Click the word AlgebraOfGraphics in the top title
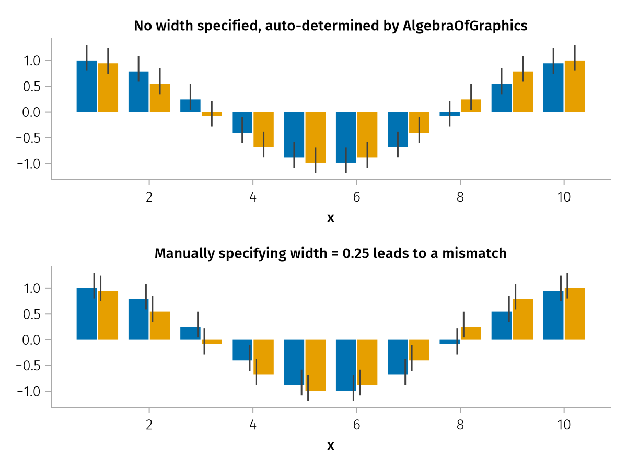pos(465,26)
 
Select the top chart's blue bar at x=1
pos(87,86)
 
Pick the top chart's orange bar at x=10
pos(574,86)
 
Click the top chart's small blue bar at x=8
pos(450,114)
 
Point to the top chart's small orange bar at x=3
pos(212,114)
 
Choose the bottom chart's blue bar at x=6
pos(346,365)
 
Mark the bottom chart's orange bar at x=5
pos(316,365)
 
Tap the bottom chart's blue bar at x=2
pos(138,319)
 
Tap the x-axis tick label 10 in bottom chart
pos(564,426)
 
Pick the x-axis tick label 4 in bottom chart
pos(253,426)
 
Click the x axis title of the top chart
pos(331,218)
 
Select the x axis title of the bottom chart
pos(331,446)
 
